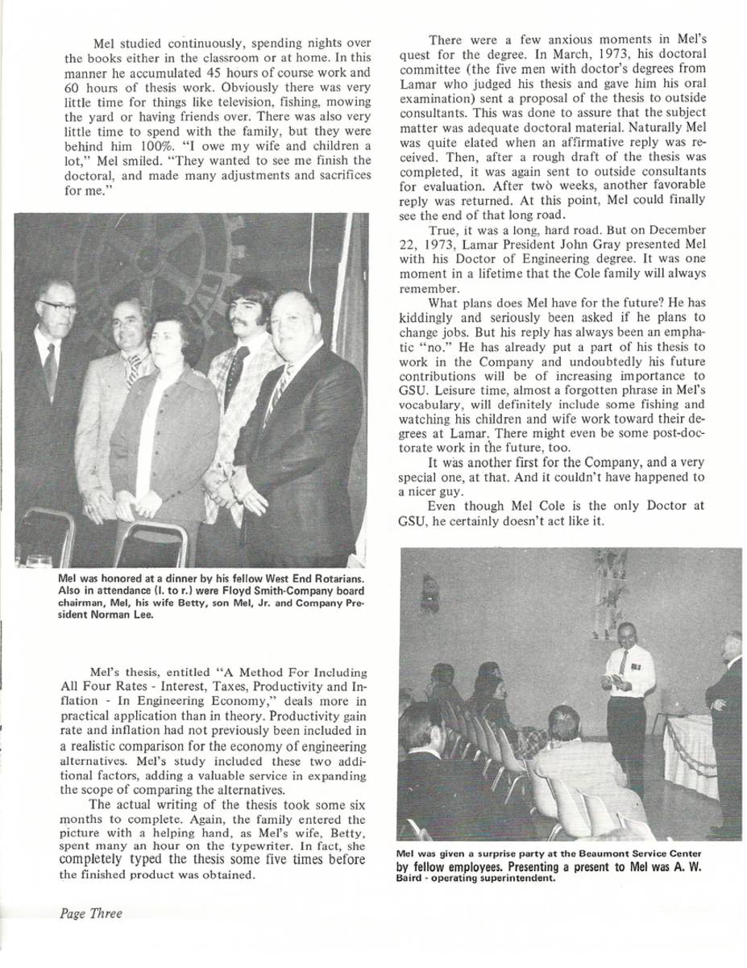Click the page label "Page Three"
[91, 913]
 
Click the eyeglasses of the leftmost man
[59, 307]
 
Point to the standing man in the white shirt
[627, 694]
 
